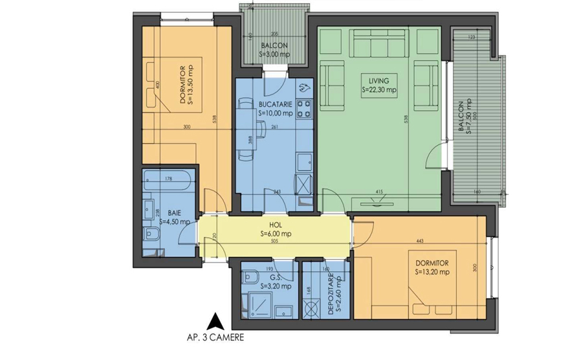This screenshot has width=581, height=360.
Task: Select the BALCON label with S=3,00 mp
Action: click(x=275, y=50)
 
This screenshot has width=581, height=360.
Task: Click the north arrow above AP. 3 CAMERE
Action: click(x=216, y=321)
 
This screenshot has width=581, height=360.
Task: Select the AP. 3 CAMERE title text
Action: click(x=215, y=337)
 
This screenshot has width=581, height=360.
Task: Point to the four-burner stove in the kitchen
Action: click(x=303, y=104)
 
